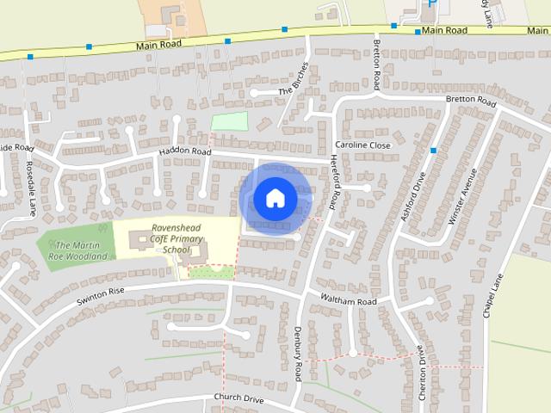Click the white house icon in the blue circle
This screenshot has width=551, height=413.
275,198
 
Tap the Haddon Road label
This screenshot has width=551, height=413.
184,151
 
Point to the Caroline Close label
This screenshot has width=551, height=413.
362,145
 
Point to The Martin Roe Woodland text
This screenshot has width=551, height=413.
83,250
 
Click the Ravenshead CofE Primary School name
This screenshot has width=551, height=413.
175,238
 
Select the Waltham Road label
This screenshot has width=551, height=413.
349,301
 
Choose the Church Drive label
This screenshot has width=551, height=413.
239,399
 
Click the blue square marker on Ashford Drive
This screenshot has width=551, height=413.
433,151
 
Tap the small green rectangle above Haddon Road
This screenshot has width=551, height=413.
229,121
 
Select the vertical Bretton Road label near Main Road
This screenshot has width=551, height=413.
376,64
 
